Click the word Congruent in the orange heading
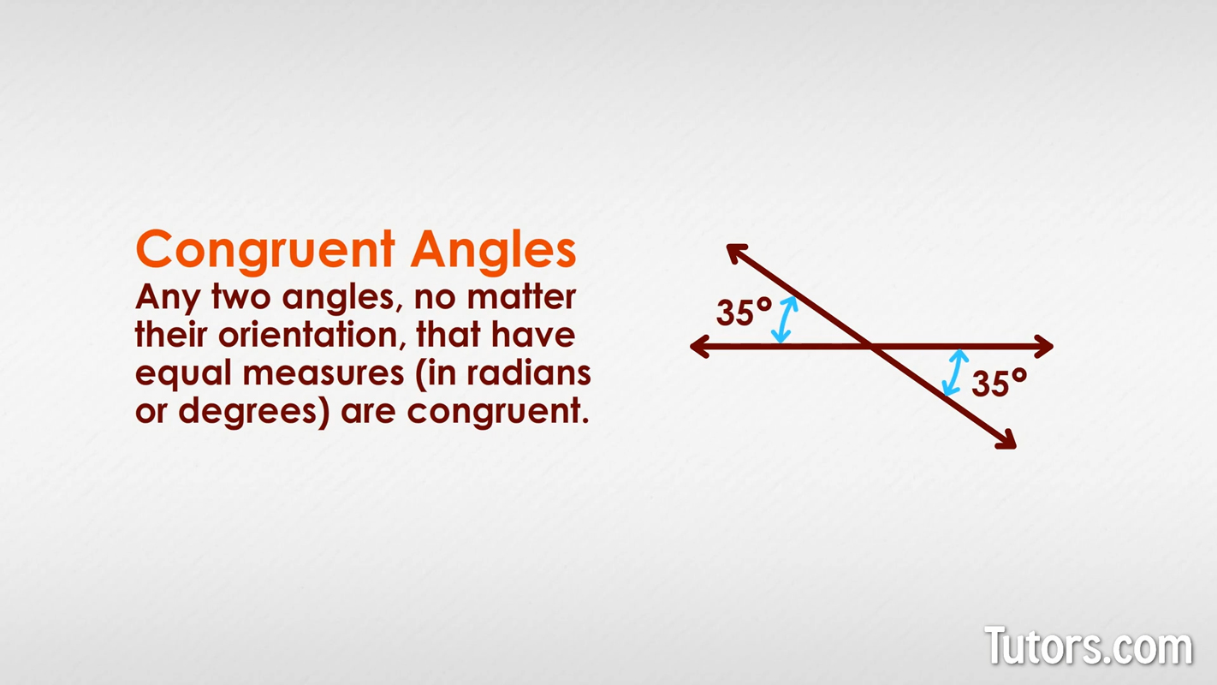[x=265, y=249]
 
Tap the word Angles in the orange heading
[x=493, y=249]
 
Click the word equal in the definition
[x=185, y=374]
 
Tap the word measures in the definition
[x=324, y=374]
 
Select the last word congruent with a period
[x=499, y=412]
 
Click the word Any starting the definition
[x=168, y=299]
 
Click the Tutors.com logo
[x=1089, y=646]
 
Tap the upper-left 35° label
[x=744, y=312]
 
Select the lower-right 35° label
[x=999, y=383]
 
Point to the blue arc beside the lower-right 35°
[x=953, y=373]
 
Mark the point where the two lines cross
[x=871, y=346]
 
